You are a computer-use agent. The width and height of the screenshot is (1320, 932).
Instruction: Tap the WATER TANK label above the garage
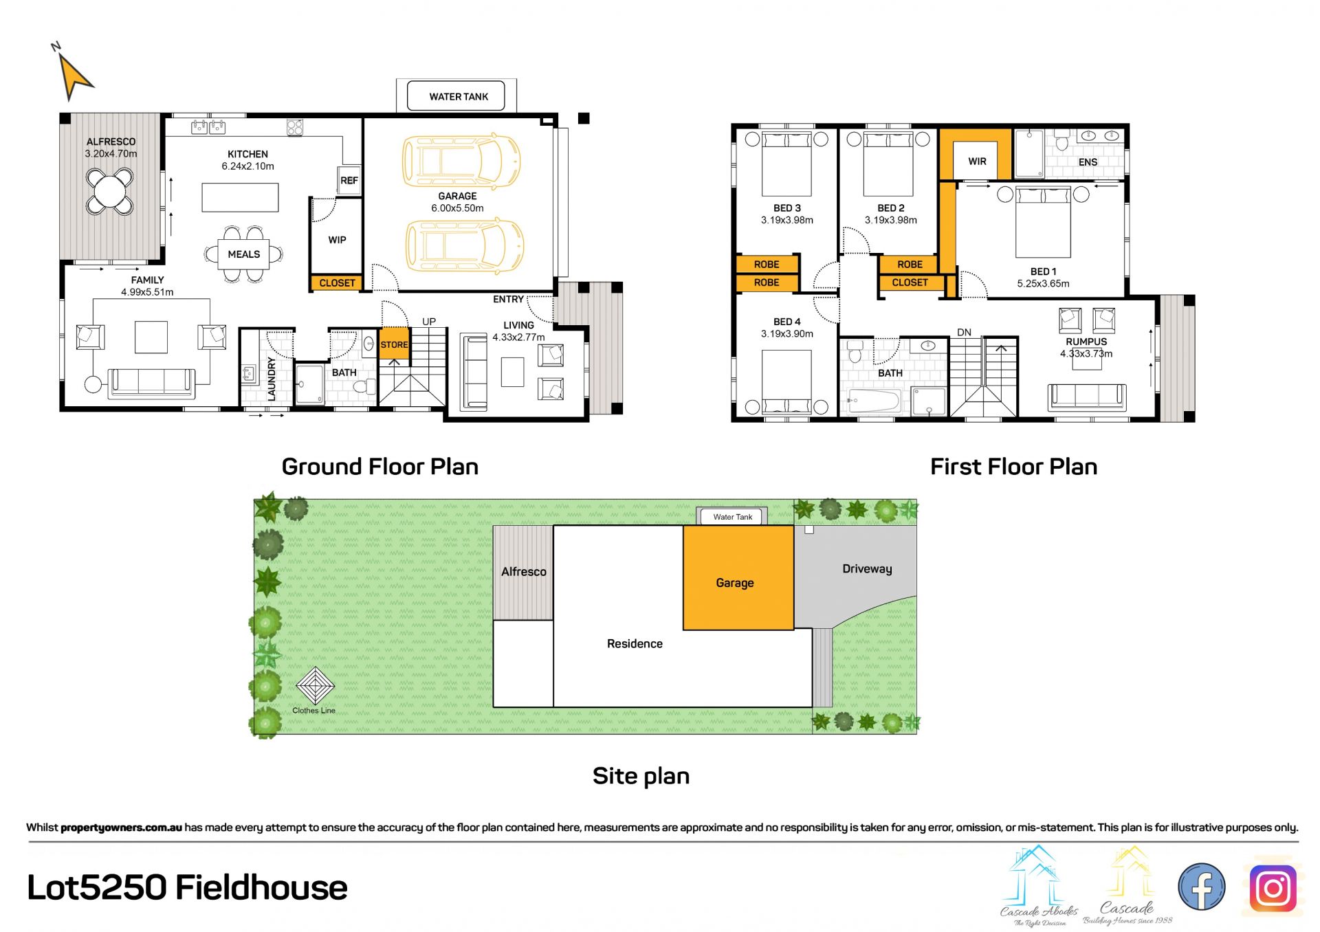pyautogui.click(x=459, y=97)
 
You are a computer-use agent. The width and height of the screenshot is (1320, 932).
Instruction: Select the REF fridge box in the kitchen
pyautogui.click(x=349, y=180)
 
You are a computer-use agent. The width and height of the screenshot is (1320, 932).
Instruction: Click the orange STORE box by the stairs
pyautogui.click(x=395, y=344)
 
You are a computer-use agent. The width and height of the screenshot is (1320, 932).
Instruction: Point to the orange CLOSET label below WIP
pyautogui.click(x=337, y=282)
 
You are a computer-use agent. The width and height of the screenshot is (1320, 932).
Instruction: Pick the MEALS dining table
pyautogui.click(x=244, y=254)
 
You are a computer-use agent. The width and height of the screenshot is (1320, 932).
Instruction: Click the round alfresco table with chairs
pyautogui.click(x=109, y=190)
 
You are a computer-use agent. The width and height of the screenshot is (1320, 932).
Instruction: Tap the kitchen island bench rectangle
pyautogui.click(x=240, y=197)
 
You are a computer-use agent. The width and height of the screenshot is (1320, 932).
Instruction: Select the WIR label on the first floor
pyautogui.click(x=977, y=162)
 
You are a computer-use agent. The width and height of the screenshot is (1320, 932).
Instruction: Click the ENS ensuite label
pyautogui.click(x=1088, y=162)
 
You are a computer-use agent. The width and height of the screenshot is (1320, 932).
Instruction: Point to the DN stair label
pyautogui.click(x=965, y=333)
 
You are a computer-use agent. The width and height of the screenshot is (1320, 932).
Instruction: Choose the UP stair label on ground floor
pyautogui.click(x=429, y=322)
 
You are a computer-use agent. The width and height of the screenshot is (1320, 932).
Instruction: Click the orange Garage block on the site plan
pyautogui.click(x=738, y=577)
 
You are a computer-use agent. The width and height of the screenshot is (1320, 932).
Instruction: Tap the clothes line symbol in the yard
pyautogui.click(x=315, y=686)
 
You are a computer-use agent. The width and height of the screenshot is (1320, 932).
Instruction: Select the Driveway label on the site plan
pyautogui.click(x=867, y=569)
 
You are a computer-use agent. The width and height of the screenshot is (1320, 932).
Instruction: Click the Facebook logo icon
pyautogui.click(x=1201, y=887)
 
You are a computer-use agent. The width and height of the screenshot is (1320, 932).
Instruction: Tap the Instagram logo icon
pyautogui.click(x=1273, y=889)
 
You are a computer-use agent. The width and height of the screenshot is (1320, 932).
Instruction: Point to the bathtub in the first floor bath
pyautogui.click(x=874, y=401)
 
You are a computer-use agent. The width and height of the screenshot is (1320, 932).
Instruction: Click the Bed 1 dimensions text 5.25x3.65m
pyautogui.click(x=1043, y=284)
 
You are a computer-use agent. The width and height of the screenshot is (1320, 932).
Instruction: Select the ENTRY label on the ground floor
pyautogui.click(x=508, y=299)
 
